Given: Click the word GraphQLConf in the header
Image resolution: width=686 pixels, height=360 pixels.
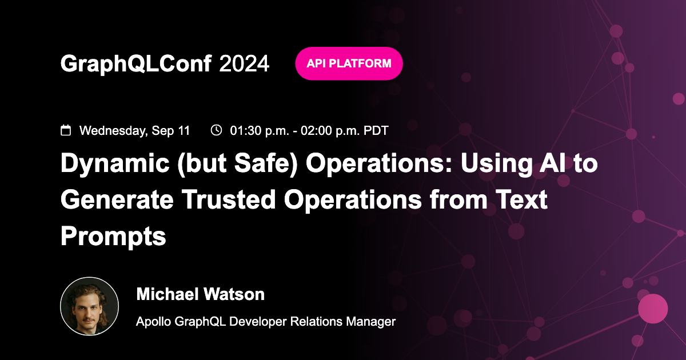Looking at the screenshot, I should (137, 64).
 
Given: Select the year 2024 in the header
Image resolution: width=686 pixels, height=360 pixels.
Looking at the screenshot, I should (244, 64).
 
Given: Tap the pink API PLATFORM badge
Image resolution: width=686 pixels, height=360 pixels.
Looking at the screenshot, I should (349, 63).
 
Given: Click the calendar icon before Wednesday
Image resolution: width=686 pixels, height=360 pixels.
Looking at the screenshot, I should (66, 130).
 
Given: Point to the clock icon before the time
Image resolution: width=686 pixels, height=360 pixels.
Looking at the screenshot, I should (216, 130).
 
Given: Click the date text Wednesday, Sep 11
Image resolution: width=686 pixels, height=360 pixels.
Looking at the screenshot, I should (134, 130).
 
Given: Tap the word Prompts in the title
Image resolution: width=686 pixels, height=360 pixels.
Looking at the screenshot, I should (113, 235).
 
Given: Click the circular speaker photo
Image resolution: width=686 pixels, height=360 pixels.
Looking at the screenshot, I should (89, 306).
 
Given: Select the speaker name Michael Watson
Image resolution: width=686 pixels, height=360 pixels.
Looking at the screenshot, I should (200, 295).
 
